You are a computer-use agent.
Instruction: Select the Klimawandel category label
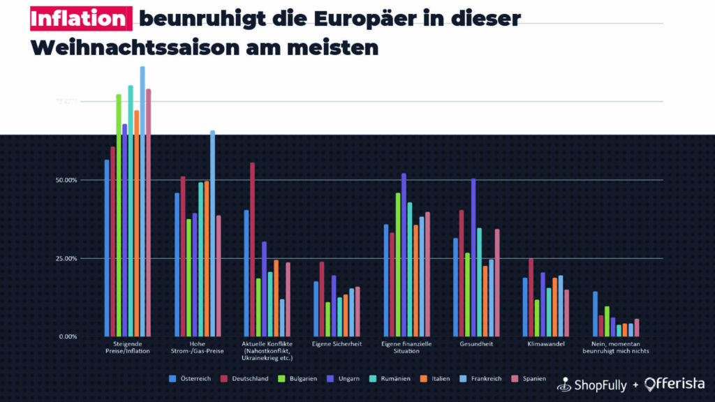(546, 344)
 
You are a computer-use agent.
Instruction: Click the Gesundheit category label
(476, 344)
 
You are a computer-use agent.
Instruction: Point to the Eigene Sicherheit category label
(337, 344)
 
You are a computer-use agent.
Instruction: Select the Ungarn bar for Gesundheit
(473, 258)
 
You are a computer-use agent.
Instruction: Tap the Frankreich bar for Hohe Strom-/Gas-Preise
(212, 233)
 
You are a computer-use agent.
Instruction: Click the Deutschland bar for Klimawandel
(531, 297)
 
